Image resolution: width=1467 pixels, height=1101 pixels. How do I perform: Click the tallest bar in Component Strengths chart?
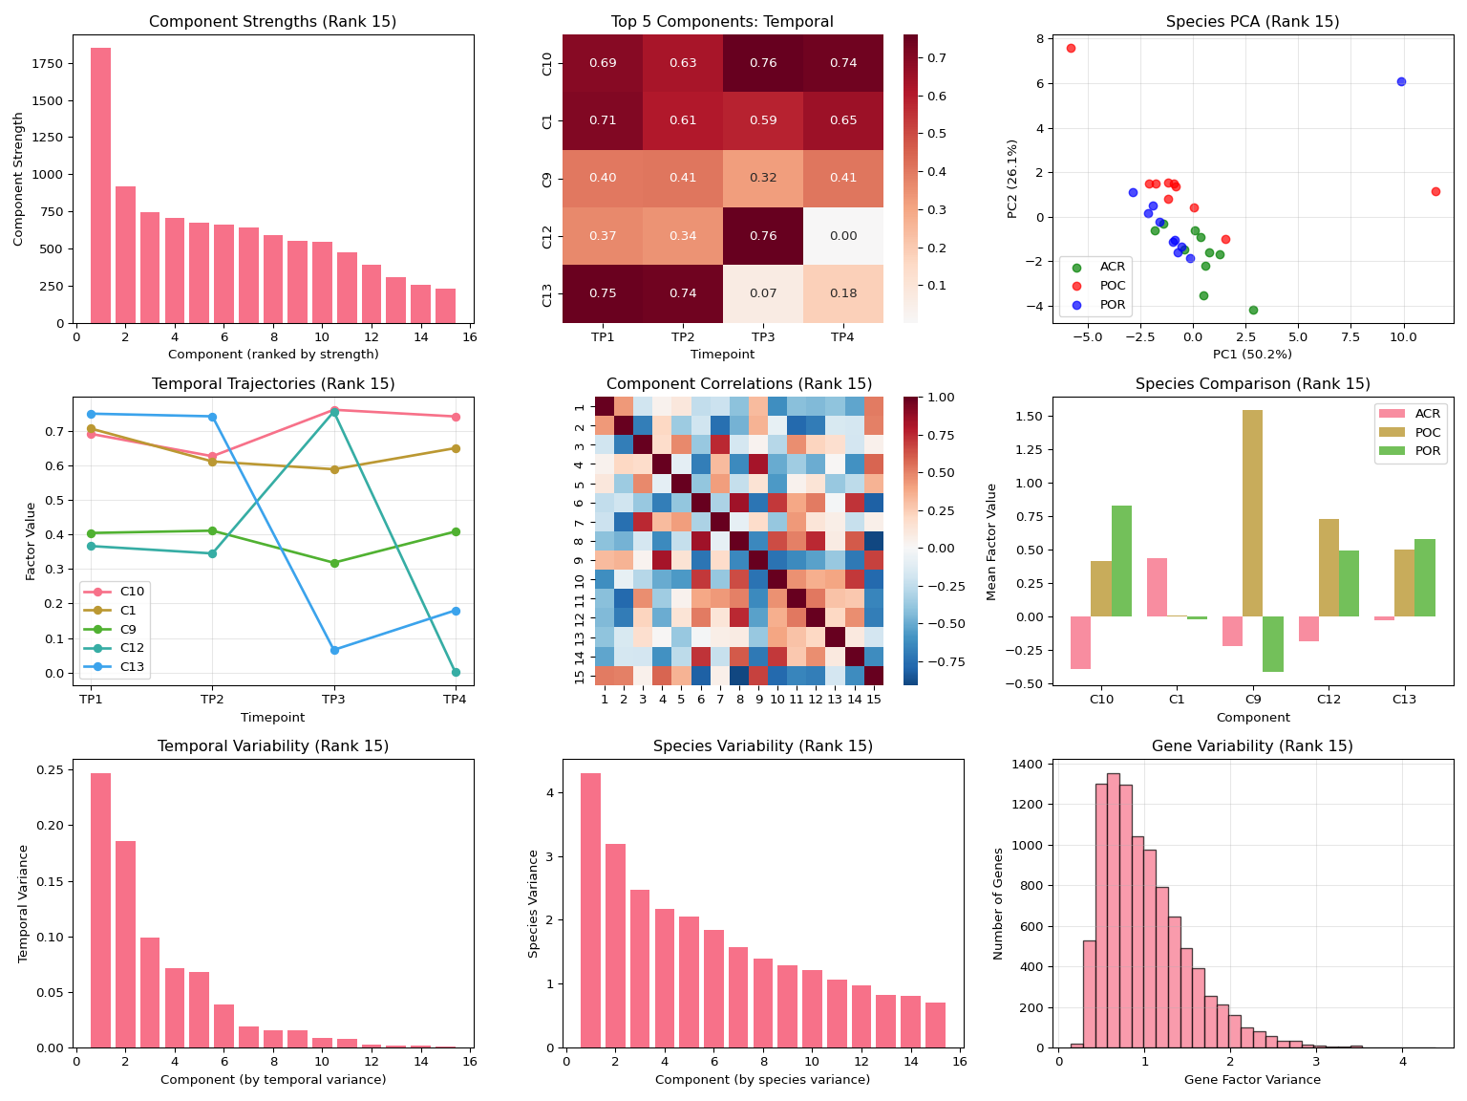point(100,185)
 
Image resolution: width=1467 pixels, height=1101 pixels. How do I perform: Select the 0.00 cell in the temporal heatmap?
point(843,236)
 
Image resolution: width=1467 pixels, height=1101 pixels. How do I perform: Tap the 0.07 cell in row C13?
point(763,293)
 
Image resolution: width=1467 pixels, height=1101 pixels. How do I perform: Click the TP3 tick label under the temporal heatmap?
point(763,337)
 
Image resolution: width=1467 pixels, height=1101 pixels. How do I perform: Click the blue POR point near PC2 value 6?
point(1401,82)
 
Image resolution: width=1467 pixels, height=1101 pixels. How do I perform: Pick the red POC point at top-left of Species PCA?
point(1071,48)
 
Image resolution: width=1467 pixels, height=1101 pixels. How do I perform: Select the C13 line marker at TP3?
point(334,650)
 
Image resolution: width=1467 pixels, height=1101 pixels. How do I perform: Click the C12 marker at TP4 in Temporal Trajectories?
point(456,672)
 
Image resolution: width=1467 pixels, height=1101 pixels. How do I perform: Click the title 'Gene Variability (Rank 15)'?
point(1252,746)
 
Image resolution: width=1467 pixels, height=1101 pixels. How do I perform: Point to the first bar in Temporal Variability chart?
point(100,910)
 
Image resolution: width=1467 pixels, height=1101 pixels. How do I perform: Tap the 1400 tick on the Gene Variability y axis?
point(1033,765)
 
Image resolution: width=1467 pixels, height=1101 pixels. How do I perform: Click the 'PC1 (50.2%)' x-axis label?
point(1252,355)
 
